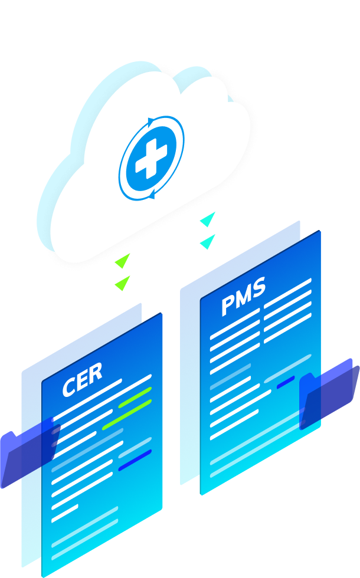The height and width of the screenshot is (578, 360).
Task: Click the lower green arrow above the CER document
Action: [122, 283]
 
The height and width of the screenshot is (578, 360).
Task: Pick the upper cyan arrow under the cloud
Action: [208, 220]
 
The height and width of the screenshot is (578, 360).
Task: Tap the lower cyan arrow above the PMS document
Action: [207, 241]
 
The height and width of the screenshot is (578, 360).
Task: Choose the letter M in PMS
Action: [243, 297]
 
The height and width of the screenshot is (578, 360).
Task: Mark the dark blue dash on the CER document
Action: [135, 461]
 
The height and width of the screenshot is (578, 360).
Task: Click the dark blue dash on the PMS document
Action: [286, 382]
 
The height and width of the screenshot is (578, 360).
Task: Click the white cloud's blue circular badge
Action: [151, 159]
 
